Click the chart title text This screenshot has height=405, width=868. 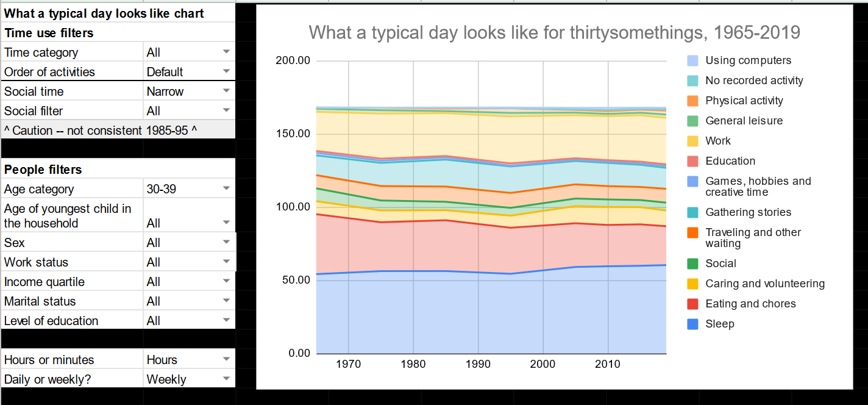tap(554, 32)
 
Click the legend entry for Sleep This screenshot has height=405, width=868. tap(719, 324)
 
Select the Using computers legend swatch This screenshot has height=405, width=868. tap(692, 60)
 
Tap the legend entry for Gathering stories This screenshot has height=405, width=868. tap(748, 212)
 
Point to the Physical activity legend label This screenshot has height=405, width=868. tap(744, 101)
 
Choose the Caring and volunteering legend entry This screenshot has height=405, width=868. tap(764, 284)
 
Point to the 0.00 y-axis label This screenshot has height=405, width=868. tap(299, 353)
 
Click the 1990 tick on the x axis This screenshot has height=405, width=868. tap(478, 364)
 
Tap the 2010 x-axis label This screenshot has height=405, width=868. tap(607, 364)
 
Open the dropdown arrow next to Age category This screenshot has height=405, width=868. tap(226, 188)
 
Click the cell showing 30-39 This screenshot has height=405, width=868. tap(162, 189)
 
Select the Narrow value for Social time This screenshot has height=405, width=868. tap(165, 91)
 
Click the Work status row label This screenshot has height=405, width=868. tap(36, 262)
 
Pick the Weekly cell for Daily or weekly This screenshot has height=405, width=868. tap(166, 379)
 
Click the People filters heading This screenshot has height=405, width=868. tap(43, 170)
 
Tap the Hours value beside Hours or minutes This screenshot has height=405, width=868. tap(162, 360)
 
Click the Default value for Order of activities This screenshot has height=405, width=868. tap(165, 72)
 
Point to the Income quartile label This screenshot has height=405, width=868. tap(44, 282)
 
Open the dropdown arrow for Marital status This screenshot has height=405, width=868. tap(226, 301)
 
